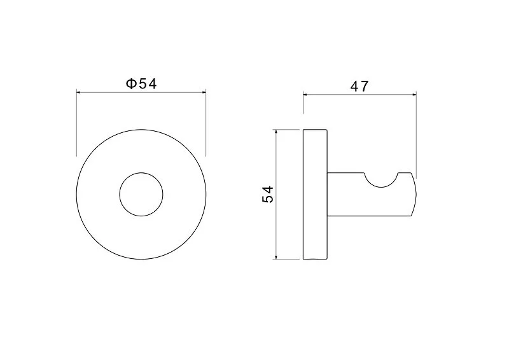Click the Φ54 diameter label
tap(141, 84)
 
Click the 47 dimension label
tap(359, 87)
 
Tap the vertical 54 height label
tap(268, 195)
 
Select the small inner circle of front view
tap(120, 195)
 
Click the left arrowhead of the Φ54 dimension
tap(78, 92)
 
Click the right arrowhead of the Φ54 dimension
tap(204, 92)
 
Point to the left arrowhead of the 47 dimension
tap(305, 95)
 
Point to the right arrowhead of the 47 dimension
tap(414, 95)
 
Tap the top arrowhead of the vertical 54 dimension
tap(275, 132)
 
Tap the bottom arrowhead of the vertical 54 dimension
tap(275, 257)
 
